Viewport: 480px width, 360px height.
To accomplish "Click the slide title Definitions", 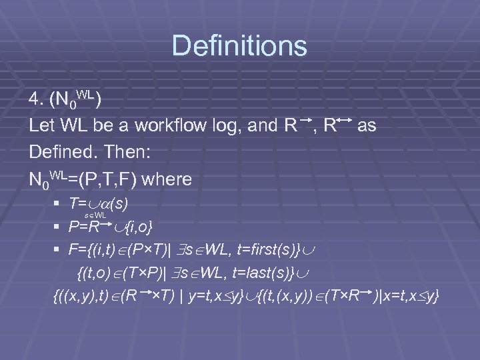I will [x=239, y=46].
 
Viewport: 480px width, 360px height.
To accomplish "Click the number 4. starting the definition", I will [x=37, y=99].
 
